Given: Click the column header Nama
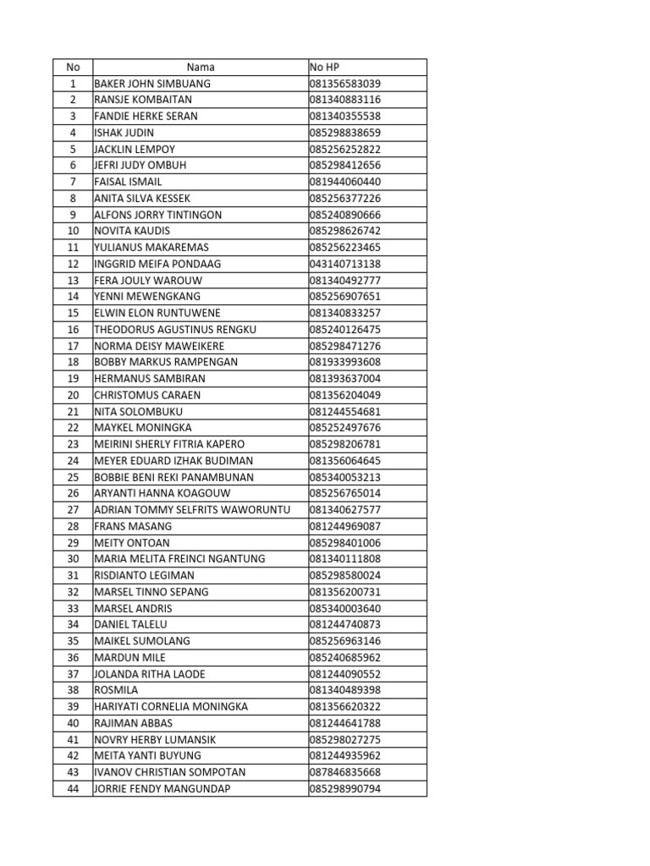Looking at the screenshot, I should (201, 67).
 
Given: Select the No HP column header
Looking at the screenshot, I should (325, 67).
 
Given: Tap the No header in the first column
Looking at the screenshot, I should (73, 67).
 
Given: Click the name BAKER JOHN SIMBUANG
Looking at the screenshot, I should (152, 84).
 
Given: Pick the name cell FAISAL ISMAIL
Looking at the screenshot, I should (128, 182).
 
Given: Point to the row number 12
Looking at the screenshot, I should (73, 264).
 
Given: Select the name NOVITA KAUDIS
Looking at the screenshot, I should (132, 231).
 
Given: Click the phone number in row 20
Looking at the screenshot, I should (345, 395).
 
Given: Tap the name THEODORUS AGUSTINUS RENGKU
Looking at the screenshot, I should (175, 330).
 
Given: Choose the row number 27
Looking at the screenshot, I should (73, 510).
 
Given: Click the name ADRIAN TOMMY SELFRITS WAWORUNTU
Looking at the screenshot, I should (192, 510).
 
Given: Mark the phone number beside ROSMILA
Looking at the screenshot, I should (345, 690).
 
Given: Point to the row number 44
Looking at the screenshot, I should (73, 789).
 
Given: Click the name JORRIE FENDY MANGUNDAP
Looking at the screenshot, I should (162, 789).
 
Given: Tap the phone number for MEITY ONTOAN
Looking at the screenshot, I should (345, 543).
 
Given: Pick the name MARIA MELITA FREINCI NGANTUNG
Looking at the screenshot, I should (179, 559).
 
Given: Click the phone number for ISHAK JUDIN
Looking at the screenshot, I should (345, 133).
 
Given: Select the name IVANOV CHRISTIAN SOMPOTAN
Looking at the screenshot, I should (170, 772).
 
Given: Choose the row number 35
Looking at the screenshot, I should (73, 641).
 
